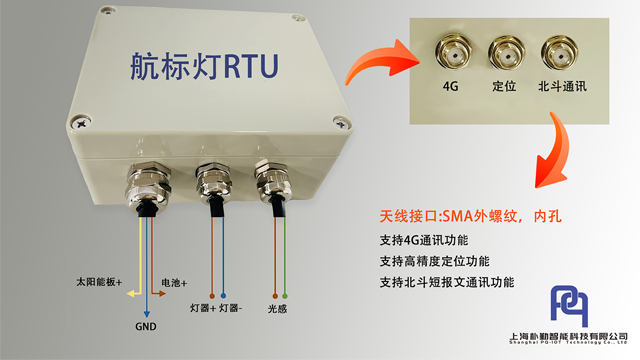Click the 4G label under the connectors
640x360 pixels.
(x=450, y=87)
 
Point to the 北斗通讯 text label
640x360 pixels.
(x=561, y=87)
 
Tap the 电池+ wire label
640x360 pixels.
(x=175, y=283)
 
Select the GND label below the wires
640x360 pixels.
(x=145, y=326)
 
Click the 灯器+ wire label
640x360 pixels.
(x=203, y=307)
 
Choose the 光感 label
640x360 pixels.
(x=279, y=307)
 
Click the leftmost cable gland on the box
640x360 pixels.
(x=146, y=183)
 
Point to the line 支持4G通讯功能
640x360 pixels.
(x=424, y=240)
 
